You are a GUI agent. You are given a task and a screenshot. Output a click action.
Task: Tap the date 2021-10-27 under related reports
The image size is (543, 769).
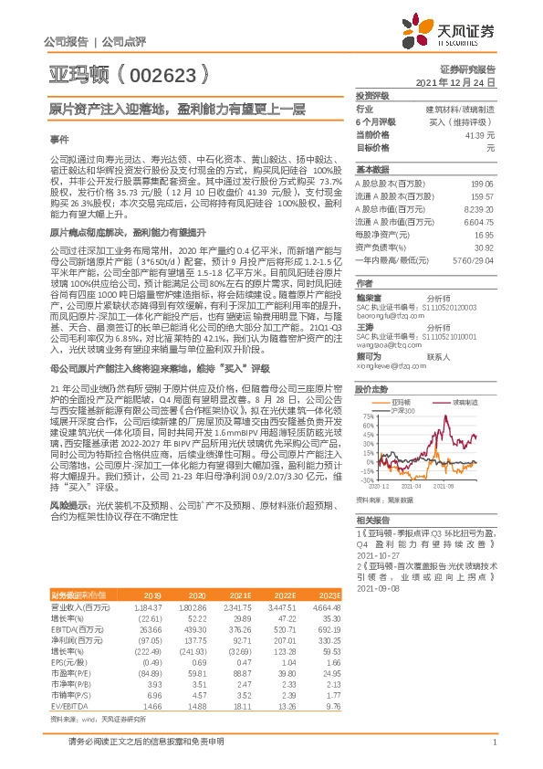pos(379,553)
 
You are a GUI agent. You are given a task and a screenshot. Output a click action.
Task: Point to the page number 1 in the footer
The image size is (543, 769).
pos(494,743)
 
